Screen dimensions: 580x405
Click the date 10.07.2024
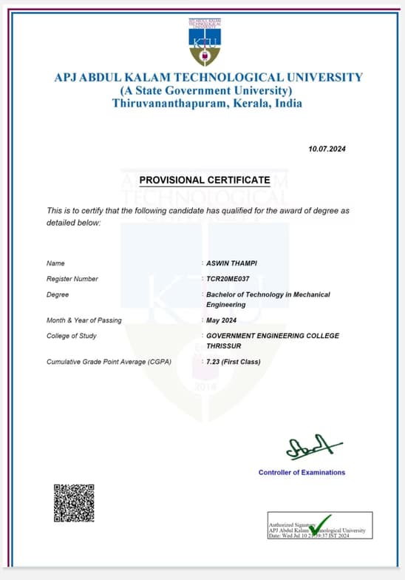coord(327,149)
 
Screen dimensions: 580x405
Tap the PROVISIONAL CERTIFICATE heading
coord(205,180)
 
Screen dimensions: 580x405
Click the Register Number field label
coord(72,279)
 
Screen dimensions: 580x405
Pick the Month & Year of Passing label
coord(84,320)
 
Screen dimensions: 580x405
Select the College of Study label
coord(72,336)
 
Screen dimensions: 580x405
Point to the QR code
coord(74,502)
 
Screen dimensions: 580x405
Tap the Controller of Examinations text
coord(302,472)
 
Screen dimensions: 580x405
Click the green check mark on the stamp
coord(321,525)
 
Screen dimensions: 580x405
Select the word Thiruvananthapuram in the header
coord(160,104)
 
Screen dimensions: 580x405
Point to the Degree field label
coord(58,294)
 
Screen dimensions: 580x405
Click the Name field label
coord(56,263)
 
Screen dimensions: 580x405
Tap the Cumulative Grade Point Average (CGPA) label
coord(109,362)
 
